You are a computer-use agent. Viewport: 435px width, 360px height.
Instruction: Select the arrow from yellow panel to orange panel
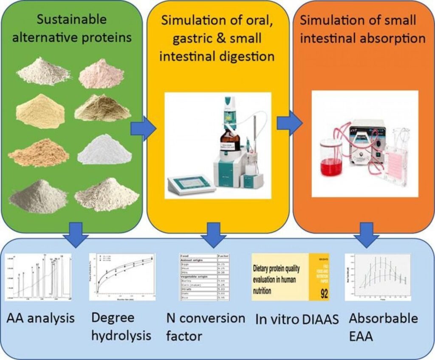[289, 123]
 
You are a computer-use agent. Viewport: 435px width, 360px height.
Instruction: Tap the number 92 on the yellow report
[324, 293]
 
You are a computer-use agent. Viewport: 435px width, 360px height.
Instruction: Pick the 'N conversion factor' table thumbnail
[204, 277]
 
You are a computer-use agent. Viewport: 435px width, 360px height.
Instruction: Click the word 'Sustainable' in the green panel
[71, 20]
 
